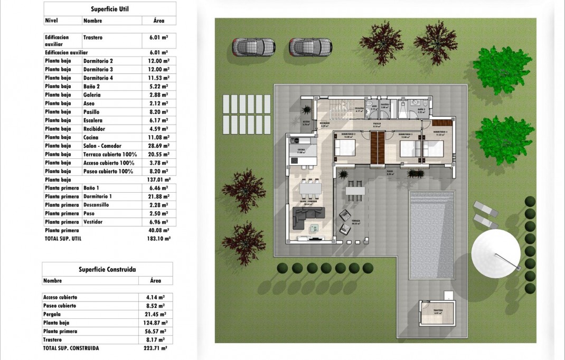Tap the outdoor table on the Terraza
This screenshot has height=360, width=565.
[354, 191]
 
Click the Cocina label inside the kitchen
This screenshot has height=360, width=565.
[300, 150]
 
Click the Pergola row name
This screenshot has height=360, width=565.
[52, 314]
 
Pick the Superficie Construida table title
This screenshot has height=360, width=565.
[107, 269]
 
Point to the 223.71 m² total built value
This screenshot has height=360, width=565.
[156, 348]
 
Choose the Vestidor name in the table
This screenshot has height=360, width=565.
[93, 222]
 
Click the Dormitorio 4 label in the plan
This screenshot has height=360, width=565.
[440, 132]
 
